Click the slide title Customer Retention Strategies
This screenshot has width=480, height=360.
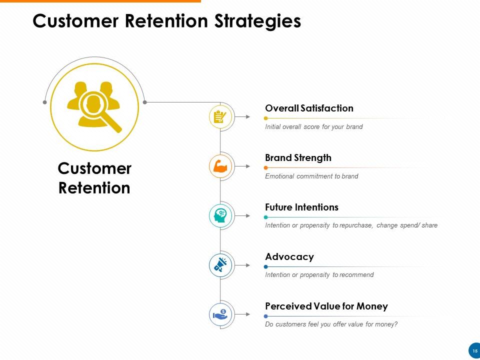pos(166,21)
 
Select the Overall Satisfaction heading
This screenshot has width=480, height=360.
pos(309,108)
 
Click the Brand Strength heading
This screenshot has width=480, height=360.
pos(298,158)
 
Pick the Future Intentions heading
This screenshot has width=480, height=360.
pos(301,207)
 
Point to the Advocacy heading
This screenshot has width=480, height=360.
pos(289,257)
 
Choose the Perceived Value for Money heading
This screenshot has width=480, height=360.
pos(326,306)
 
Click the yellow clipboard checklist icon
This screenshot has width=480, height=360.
pos(220,117)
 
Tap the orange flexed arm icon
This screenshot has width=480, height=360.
pos(220,166)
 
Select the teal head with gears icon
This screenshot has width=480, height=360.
pos(220,215)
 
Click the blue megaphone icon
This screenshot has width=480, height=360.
pos(220,265)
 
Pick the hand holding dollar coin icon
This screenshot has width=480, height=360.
pos(220,314)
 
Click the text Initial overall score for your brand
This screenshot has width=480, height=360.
pos(313,127)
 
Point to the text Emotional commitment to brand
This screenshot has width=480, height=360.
pos(311,176)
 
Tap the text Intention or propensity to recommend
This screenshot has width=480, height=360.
pos(319,275)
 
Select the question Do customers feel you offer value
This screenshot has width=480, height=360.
pos(331,324)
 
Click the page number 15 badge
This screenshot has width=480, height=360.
pos(475,351)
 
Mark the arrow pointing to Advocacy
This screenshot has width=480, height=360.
pos(242,265)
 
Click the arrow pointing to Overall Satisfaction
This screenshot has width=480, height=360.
pos(242,117)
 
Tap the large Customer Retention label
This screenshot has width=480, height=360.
pos(94,178)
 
